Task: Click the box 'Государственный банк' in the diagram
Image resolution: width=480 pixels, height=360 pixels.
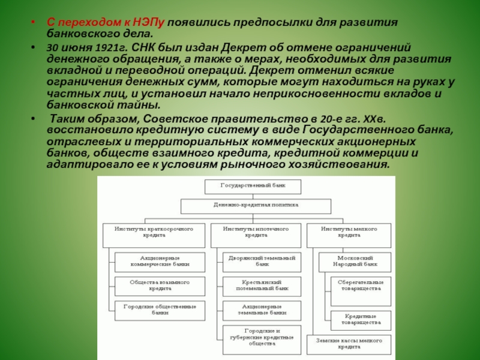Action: point(253,186)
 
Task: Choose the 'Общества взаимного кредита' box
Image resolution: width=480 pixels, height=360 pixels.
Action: point(160,284)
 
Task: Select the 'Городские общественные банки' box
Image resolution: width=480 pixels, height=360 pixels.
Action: point(160,310)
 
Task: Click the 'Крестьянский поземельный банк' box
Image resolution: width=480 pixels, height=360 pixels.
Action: point(262,284)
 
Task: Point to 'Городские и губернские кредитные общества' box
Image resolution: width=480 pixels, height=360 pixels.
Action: point(262,337)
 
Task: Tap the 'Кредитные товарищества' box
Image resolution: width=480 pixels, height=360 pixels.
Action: point(361,319)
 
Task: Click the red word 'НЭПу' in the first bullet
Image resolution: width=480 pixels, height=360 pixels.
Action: point(151,22)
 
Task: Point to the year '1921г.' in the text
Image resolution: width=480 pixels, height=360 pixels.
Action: point(97,47)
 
